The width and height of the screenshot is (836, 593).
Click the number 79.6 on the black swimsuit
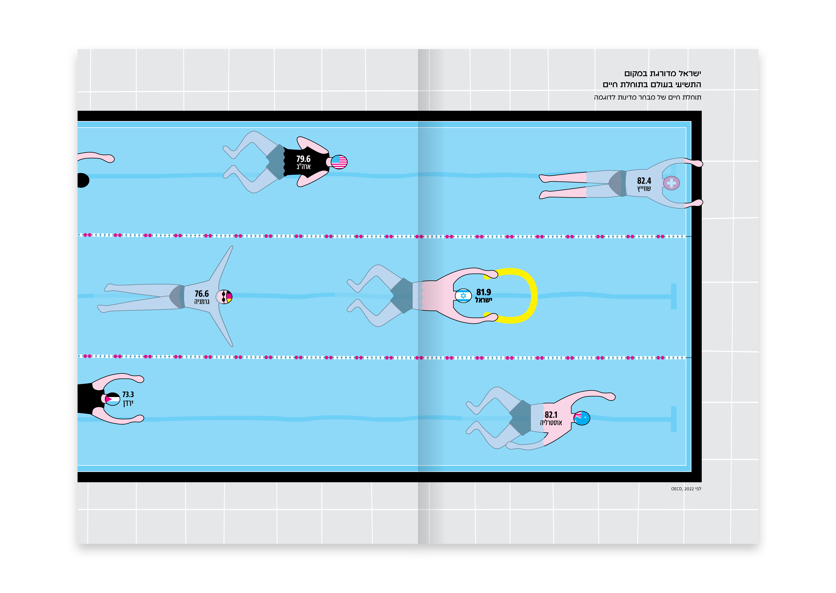click(303, 159)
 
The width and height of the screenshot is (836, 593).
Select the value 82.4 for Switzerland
click(644, 181)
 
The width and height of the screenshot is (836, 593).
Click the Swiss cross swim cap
click(671, 183)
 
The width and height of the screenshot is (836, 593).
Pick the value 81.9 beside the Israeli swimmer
click(484, 292)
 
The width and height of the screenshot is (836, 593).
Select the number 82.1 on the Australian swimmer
click(551, 415)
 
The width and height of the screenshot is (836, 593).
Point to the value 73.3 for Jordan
click(128, 394)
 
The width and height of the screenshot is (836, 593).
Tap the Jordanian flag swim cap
click(112, 399)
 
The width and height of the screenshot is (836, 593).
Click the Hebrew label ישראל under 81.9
click(484, 300)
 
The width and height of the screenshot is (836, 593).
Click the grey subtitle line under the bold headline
click(647, 97)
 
